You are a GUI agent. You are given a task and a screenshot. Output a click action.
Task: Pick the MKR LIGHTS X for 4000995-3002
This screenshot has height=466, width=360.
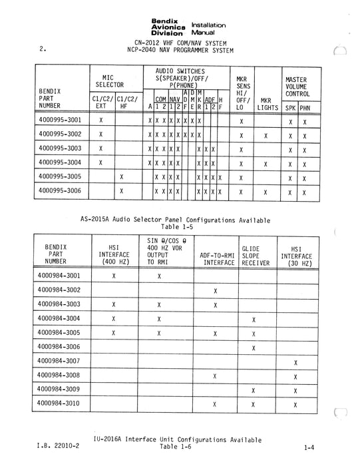tap(266, 134)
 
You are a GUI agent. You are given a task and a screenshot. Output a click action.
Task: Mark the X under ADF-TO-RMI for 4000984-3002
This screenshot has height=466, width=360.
tap(216, 290)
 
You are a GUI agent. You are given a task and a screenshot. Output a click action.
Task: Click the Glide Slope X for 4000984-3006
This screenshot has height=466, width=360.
tap(254, 348)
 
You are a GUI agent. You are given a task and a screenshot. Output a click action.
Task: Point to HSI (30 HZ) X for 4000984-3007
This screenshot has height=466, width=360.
tap(295, 362)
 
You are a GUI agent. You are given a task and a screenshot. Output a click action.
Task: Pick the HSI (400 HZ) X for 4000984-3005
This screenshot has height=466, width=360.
tap(114, 334)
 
